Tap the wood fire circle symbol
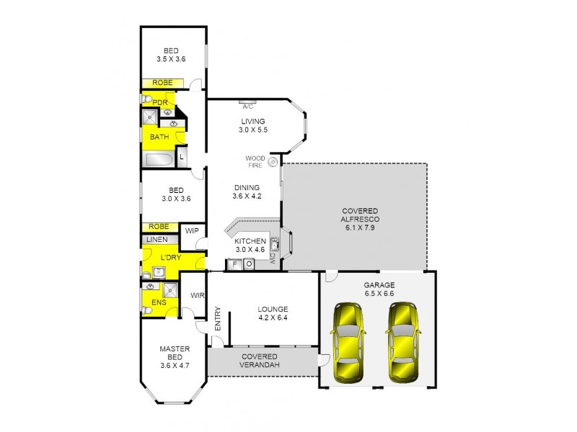coord(273,162)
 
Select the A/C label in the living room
coord(247,106)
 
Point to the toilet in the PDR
coord(146,100)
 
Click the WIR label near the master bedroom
coord(197,296)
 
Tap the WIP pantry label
coord(192,231)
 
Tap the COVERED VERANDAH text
coord(260,361)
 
